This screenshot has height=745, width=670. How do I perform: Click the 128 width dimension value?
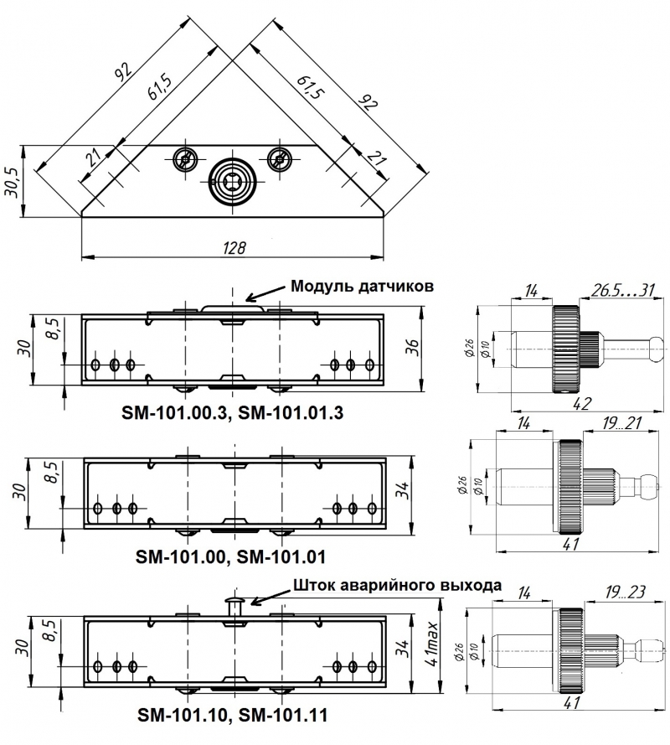click(x=234, y=247)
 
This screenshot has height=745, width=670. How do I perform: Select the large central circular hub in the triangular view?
click(x=234, y=180)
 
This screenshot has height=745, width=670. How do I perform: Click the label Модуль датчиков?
click(x=362, y=286)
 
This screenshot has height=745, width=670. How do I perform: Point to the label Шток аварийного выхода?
click(x=396, y=586)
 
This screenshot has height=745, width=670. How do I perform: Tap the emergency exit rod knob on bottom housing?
click(x=234, y=602)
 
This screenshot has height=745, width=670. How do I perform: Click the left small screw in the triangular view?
click(x=184, y=157)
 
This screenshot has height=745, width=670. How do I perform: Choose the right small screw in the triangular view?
click(x=280, y=157)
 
